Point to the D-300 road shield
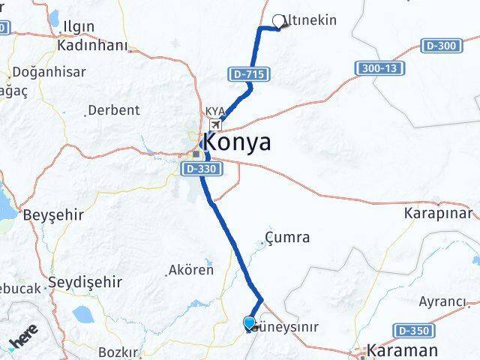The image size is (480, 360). point(440,46)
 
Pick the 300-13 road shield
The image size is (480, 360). point(379,68)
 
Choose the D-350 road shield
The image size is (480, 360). point(412,330)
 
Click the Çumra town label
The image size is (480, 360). point(288,238)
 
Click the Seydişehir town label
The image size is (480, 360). point(85,283)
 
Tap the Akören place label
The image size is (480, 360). point(191,270)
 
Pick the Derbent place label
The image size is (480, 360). point(114,110)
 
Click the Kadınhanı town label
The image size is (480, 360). point(92,46)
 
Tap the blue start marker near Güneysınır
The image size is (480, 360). point(250,323)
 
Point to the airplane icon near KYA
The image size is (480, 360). point(216,124)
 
